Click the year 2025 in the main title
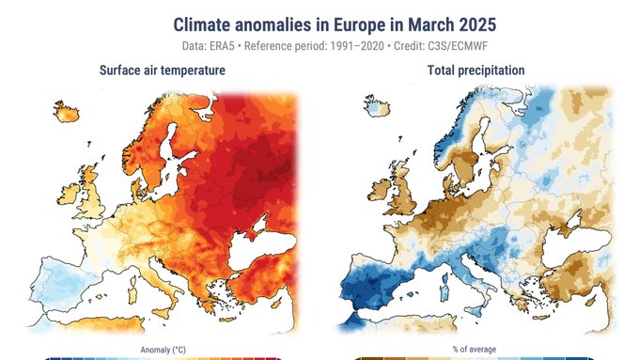click(x=477, y=24)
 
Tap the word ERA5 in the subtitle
click(x=222, y=46)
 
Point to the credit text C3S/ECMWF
click(x=458, y=46)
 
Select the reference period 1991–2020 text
click(x=357, y=46)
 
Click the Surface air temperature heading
click(x=163, y=70)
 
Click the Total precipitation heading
click(x=476, y=70)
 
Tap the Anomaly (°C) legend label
click(x=163, y=350)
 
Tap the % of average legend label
click(x=475, y=350)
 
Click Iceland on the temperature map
click(x=67, y=112)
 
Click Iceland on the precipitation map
click(x=377, y=106)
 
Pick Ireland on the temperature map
click(x=69, y=194)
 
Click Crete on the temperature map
click(x=227, y=320)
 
